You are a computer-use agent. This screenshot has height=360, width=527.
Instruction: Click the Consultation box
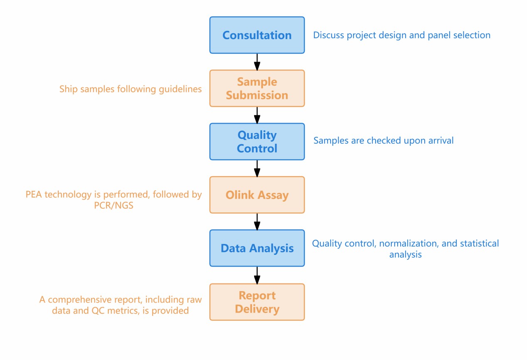click(257, 35)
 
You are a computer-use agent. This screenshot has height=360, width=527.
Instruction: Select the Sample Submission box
click(257, 88)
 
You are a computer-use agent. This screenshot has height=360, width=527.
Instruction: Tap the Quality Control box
click(257, 141)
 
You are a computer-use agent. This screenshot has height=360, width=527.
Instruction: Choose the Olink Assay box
click(257, 195)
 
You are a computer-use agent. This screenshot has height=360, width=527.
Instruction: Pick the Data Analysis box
click(257, 248)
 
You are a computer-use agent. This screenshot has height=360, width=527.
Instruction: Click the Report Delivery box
click(257, 302)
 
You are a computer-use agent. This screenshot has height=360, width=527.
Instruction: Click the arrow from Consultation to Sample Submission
click(257, 62)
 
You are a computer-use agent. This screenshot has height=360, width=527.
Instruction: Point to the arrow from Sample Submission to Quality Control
click(257, 115)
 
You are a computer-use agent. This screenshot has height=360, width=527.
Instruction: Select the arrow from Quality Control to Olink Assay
click(257, 168)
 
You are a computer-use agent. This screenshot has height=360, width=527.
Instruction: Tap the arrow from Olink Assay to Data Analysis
click(257, 222)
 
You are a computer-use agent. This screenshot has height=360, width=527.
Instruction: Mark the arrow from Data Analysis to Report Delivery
click(257, 275)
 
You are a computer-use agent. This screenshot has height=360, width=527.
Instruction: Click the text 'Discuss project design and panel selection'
click(401, 35)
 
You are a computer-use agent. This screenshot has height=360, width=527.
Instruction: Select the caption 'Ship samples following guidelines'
click(131, 89)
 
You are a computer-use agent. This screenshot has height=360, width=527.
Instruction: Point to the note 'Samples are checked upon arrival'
click(383, 141)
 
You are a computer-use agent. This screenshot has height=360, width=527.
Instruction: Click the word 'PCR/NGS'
click(114, 205)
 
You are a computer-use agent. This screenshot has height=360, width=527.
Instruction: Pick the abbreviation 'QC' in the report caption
click(98, 311)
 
